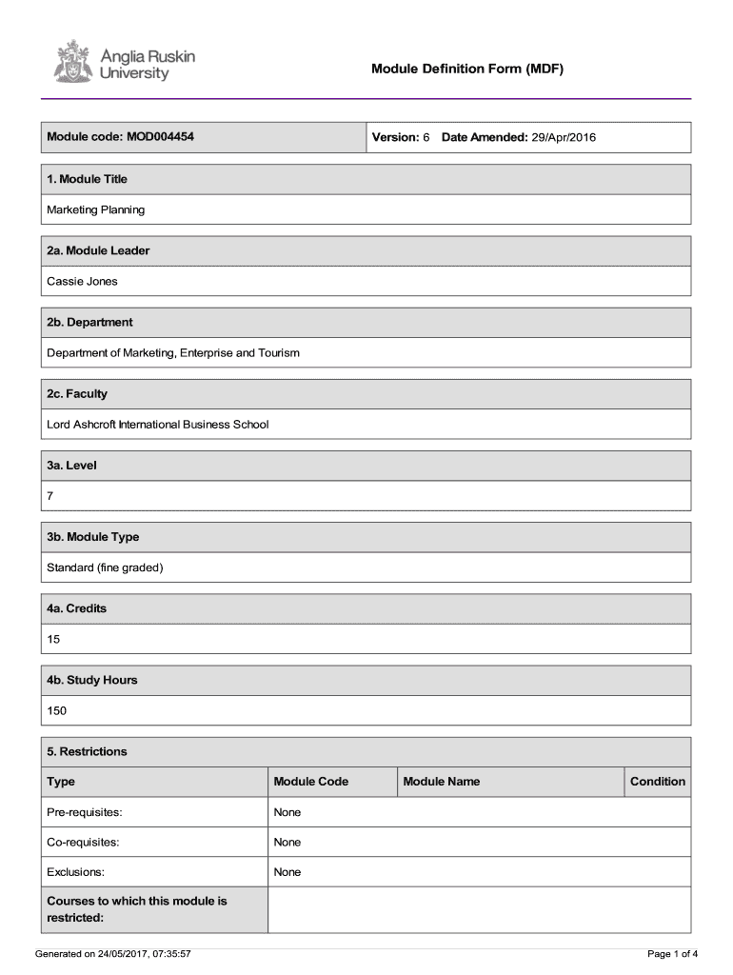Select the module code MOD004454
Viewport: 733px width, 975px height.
(159, 137)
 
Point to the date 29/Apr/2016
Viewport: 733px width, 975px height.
(564, 137)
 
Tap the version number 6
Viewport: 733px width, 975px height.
(426, 137)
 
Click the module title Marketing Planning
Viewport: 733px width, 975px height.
(96, 209)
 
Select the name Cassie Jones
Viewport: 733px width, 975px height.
(83, 281)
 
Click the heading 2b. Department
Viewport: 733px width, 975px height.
(89, 322)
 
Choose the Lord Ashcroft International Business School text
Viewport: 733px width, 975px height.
(158, 424)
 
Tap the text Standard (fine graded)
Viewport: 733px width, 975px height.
(106, 567)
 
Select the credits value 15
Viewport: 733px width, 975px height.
(54, 639)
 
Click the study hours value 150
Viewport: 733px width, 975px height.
(57, 710)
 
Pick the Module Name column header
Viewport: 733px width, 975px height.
(442, 782)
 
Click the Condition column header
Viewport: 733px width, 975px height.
(657, 782)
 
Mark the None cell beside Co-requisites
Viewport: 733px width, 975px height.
(287, 842)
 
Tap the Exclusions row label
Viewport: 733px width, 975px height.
(76, 872)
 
